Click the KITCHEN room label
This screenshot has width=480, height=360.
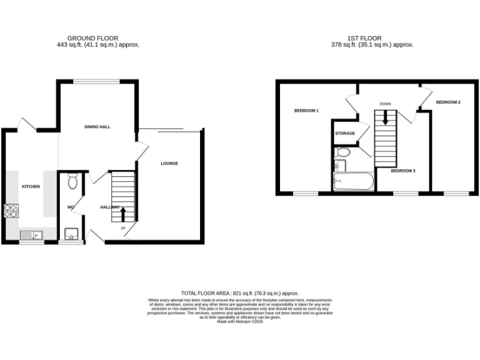[31, 187]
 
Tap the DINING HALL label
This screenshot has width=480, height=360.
[97, 127]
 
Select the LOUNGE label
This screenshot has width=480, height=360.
[169, 164]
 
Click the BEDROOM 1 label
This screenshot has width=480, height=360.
[307, 111]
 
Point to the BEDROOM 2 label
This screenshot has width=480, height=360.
[448, 102]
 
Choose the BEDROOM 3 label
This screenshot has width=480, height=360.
[403, 170]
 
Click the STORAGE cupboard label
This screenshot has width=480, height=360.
[345, 133]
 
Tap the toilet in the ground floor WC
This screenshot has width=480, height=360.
[73, 181]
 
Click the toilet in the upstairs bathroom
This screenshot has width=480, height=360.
[342, 152]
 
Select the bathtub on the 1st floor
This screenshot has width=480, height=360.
[353, 183]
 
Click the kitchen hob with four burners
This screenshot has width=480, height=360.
[11, 212]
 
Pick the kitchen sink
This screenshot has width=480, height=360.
[31, 235]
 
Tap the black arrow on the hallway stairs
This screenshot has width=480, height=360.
[122, 214]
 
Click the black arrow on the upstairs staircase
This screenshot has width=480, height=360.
[386, 117]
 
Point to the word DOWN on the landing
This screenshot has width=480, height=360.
[386, 104]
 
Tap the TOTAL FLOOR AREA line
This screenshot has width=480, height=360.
[240, 293]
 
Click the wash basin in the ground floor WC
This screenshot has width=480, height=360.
[70, 234]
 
